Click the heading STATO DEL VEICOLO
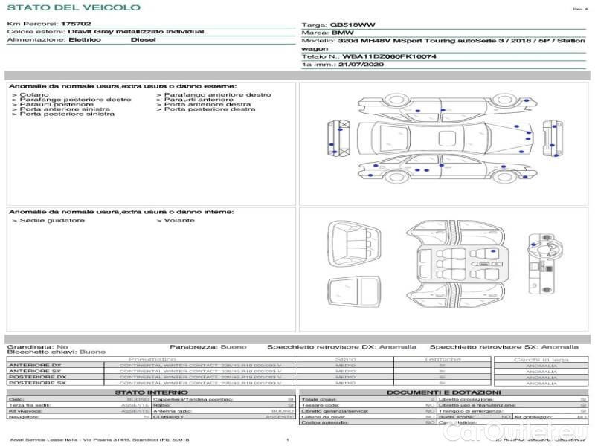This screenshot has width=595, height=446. click(73, 7)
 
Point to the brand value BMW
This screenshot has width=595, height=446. click(342, 33)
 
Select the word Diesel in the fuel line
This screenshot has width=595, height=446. click(143, 39)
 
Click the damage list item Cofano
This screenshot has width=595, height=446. click(34, 95)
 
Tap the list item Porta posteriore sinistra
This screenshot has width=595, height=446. click(67, 114)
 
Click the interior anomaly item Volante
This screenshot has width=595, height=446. click(179, 220)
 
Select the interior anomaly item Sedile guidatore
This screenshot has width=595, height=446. click(51, 220)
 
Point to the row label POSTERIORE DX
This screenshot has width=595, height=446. click(37, 378)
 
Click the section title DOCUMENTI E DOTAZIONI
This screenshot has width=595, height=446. click(443, 392)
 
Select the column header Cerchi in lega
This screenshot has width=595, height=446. click(541, 359)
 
